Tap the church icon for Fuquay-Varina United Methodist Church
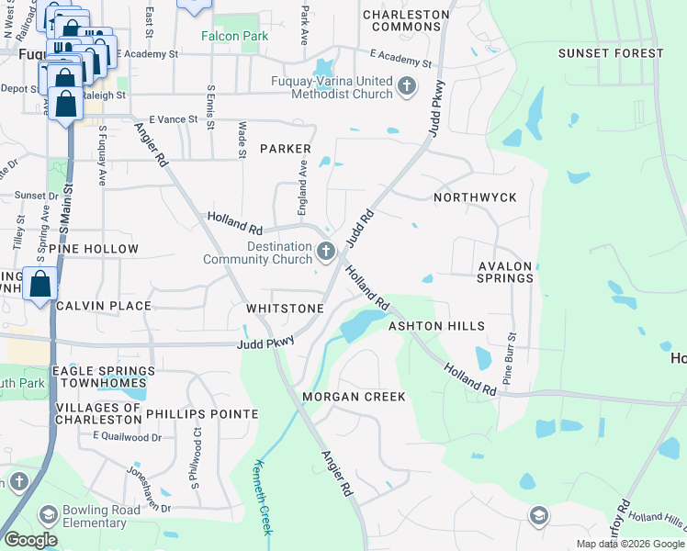407,88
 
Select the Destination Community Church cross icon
325,251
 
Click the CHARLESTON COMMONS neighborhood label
406,20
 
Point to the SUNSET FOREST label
610,53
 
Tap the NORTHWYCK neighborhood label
475,197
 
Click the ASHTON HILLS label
436,326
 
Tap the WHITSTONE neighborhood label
284,309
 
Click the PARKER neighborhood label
285,149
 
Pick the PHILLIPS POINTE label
202,414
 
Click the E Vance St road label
174,119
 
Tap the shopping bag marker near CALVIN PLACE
40,284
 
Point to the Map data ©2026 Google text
628,543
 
